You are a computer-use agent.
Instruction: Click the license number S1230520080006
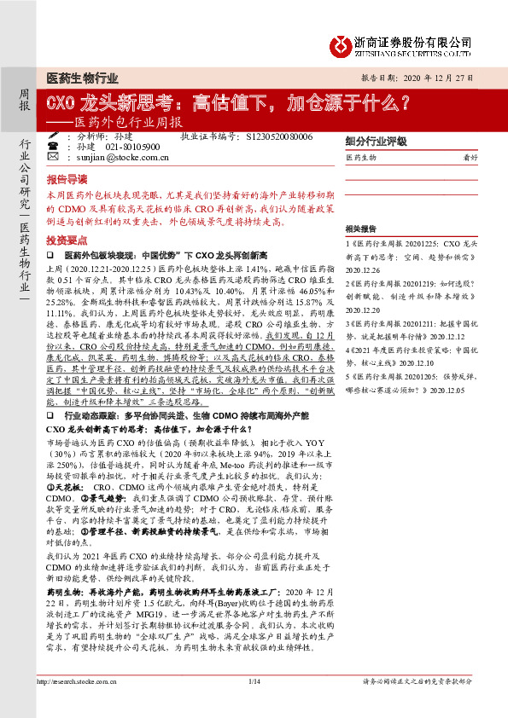(277, 136)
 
